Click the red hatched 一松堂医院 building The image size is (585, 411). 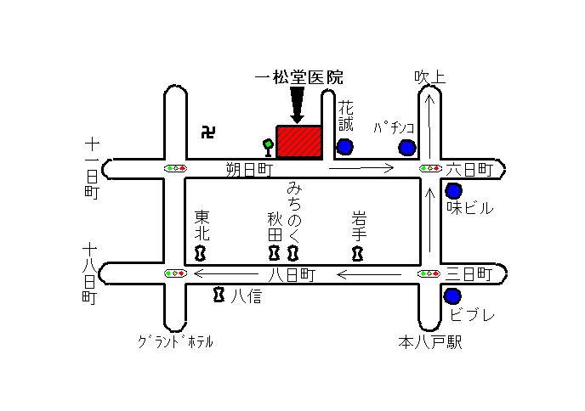(299, 143)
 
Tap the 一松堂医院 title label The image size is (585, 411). (298, 78)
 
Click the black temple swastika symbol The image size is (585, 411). (208, 132)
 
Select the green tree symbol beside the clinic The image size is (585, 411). (268, 148)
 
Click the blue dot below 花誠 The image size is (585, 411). (344, 146)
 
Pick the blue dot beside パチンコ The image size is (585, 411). (406, 147)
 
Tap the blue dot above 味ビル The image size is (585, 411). (454, 191)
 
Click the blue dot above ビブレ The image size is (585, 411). (452, 296)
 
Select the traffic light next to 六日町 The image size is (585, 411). (430, 168)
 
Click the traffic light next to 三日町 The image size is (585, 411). (429, 274)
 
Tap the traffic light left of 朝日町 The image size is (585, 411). (175, 168)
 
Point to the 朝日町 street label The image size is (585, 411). (250, 170)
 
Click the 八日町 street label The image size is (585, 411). (292, 275)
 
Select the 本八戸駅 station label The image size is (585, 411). (430, 342)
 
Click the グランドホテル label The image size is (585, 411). (175, 341)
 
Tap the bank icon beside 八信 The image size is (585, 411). (219, 295)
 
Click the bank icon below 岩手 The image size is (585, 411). (357, 254)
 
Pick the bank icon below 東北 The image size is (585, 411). (201, 253)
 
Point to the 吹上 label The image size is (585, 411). (429, 77)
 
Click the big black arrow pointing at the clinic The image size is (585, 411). (297, 105)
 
